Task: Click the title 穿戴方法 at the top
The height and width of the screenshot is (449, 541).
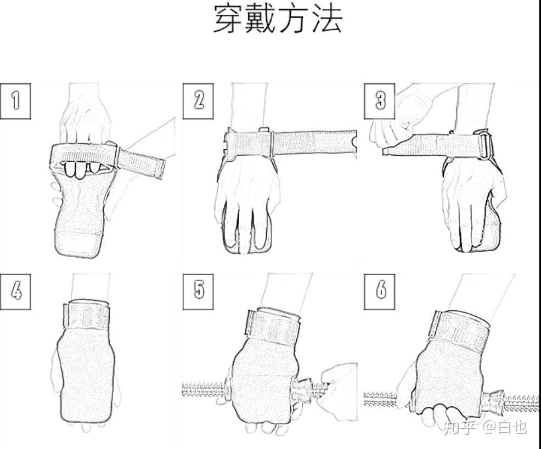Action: (278, 19)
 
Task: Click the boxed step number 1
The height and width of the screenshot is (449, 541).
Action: (15, 101)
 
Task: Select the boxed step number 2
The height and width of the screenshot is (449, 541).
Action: (198, 101)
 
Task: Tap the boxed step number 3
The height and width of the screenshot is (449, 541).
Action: (380, 101)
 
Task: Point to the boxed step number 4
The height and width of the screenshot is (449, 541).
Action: (15, 292)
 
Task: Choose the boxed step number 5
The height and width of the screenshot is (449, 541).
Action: (198, 292)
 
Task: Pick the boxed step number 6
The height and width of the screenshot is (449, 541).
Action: (380, 292)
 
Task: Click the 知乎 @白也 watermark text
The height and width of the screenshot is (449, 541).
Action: (485, 427)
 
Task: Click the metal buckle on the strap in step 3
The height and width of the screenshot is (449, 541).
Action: (484, 145)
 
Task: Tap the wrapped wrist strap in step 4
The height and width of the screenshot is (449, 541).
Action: (87, 315)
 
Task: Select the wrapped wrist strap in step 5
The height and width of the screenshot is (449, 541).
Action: (273, 327)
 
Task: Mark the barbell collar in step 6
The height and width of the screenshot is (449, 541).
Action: (493, 401)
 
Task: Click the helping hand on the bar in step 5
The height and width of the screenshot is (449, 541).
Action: (337, 391)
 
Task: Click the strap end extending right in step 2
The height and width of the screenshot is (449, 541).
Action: (314, 143)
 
